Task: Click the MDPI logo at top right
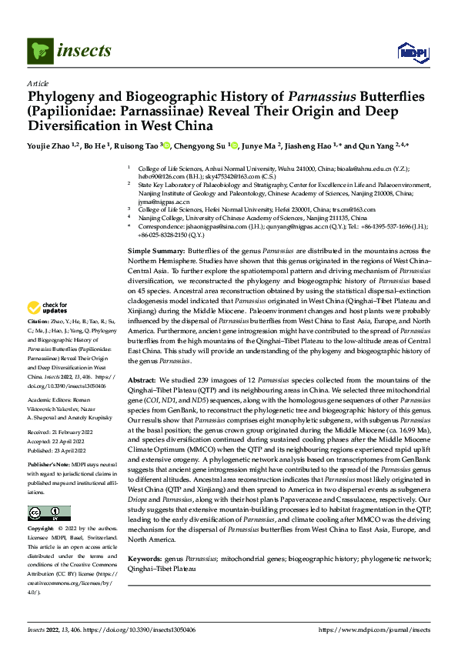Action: tap(413, 52)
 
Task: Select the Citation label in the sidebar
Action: tap(38, 319)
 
